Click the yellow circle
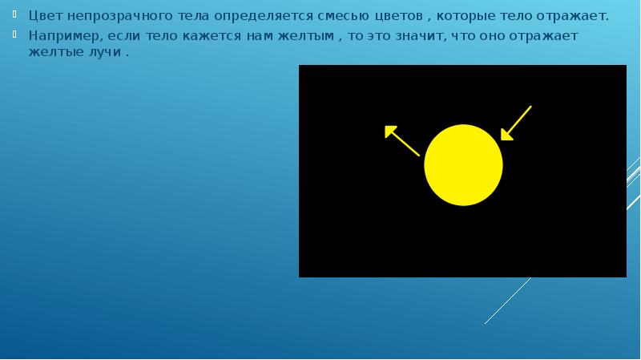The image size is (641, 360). [463, 165]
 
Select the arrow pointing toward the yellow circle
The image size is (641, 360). [516, 123]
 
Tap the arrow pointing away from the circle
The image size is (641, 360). [401, 140]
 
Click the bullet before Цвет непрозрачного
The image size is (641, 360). [19, 14]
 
